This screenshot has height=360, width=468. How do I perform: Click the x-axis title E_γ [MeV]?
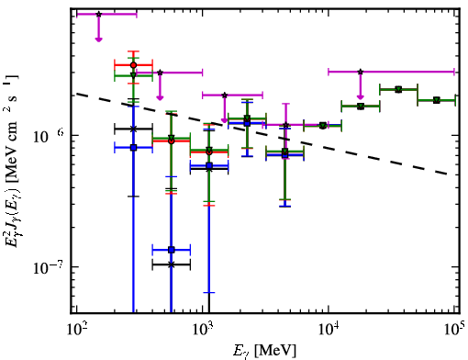click(264, 350)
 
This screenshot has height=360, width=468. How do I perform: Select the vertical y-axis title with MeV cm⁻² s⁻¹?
click(13, 161)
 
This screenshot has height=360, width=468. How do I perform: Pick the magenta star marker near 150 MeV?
click(98, 14)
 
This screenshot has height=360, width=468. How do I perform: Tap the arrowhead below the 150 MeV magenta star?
click(98, 39)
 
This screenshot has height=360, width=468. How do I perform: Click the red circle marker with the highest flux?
click(133, 65)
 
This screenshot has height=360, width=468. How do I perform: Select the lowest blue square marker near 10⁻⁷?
click(172, 250)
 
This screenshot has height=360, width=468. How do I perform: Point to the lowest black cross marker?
click(172, 264)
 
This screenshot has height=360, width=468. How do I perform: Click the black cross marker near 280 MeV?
click(133, 129)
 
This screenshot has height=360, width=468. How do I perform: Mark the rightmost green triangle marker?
click(437, 100)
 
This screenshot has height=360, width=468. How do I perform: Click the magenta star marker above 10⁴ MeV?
click(361, 72)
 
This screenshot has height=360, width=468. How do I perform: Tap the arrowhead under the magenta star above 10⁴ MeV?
click(361, 97)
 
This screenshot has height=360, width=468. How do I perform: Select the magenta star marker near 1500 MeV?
click(225, 95)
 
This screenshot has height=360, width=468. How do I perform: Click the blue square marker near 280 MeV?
click(133, 148)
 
